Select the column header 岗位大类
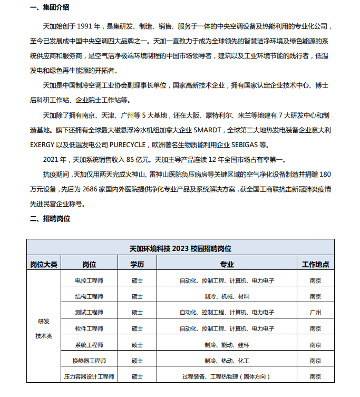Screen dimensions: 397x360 (44, 264)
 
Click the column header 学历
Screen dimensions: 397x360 (137, 264)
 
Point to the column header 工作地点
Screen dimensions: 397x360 (315, 264)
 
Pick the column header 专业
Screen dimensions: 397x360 (227, 264)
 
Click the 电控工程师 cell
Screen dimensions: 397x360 (89, 280)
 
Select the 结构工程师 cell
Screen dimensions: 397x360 (89, 296)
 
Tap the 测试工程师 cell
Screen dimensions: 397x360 (89, 313)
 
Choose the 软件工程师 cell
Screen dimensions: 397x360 (89, 328)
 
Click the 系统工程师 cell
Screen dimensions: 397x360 (89, 345)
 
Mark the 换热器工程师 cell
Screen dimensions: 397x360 (89, 361)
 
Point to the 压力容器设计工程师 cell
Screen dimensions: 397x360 (89, 377)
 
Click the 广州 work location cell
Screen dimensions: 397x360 (315, 313)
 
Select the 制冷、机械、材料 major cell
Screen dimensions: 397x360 (227, 296)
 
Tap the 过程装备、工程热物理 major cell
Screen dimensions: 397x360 (227, 377)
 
